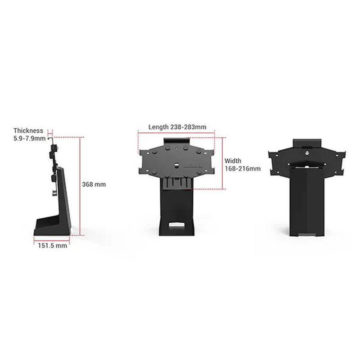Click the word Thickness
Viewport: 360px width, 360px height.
(x=28, y=130)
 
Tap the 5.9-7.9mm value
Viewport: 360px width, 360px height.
(x=29, y=139)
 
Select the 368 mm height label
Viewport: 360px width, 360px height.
(x=94, y=184)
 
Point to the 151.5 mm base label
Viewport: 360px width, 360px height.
(x=52, y=245)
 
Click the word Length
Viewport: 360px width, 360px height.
(x=158, y=127)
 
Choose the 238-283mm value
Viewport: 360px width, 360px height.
(x=188, y=127)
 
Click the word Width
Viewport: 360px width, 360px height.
(x=233, y=161)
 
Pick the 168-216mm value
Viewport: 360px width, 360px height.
(x=243, y=169)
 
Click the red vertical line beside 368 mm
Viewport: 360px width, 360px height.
(x=80, y=186)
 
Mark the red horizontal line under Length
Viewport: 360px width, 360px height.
(x=176, y=133)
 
